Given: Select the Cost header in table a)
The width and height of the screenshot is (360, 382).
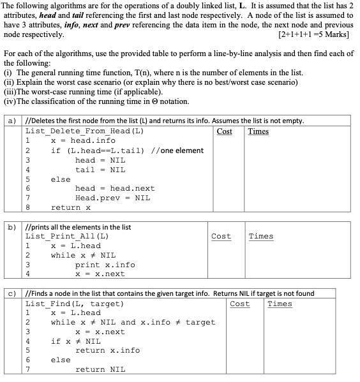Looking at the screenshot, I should coord(225,131).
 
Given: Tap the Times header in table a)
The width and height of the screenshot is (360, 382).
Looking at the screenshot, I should coord(259,131).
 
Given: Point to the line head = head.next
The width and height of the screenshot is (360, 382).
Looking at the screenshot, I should coord(115,189).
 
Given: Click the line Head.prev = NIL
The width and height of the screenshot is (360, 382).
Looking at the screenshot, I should coord(112,198).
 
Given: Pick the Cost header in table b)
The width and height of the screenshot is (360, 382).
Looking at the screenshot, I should coord(221,237).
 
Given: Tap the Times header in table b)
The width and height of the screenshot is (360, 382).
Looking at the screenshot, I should coord(261,237).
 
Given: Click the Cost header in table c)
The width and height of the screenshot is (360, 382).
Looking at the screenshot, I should coord(239,304).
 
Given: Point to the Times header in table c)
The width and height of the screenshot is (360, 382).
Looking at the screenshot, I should coord(280,304).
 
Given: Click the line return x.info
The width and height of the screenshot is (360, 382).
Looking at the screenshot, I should coord(107,350).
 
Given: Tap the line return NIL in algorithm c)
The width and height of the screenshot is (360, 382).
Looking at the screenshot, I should coord(100,369).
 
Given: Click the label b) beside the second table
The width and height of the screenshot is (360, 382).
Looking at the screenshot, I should coord(11,226).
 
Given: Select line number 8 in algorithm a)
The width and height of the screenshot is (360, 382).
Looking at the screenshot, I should coord(28,208).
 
